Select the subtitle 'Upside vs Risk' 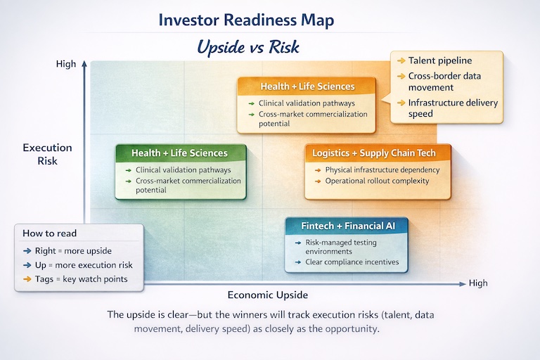point(248,46)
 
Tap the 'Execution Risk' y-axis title point(47,154)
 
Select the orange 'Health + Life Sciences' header point(307,86)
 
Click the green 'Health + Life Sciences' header point(180,153)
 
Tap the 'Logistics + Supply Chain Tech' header point(373,153)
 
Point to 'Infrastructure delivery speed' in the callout point(452,108)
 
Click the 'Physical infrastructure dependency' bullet point(382,169)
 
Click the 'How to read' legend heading point(50,233)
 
